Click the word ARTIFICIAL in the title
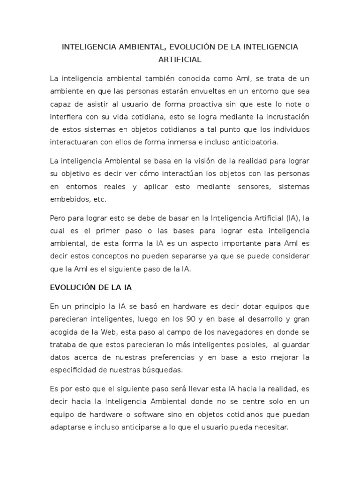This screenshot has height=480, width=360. pos(180,60)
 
